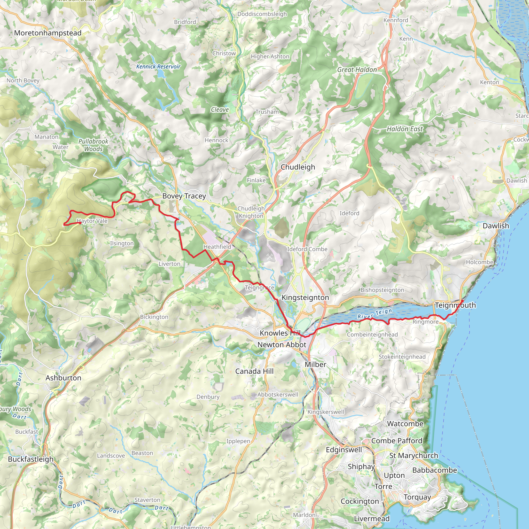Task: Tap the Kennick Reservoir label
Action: click(158, 67)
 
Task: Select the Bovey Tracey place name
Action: click(184, 196)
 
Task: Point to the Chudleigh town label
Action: click(298, 167)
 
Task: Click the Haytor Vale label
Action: click(92, 221)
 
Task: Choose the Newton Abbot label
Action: click(282, 345)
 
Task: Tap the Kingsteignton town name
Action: click(305, 298)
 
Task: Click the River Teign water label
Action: click(375, 314)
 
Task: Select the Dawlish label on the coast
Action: click(496, 226)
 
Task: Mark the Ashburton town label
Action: click(63, 378)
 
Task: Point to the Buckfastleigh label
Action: click(31, 459)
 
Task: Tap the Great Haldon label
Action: click(357, 70)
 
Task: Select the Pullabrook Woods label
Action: click(93, 145)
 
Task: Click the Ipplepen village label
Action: click(238, 441)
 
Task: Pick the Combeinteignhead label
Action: click(372, 334)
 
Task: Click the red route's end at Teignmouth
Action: click(462, 301)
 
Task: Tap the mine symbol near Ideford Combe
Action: click(270, 257)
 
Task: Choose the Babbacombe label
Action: click(434, 470)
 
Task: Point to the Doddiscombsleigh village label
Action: click(262, 14)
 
